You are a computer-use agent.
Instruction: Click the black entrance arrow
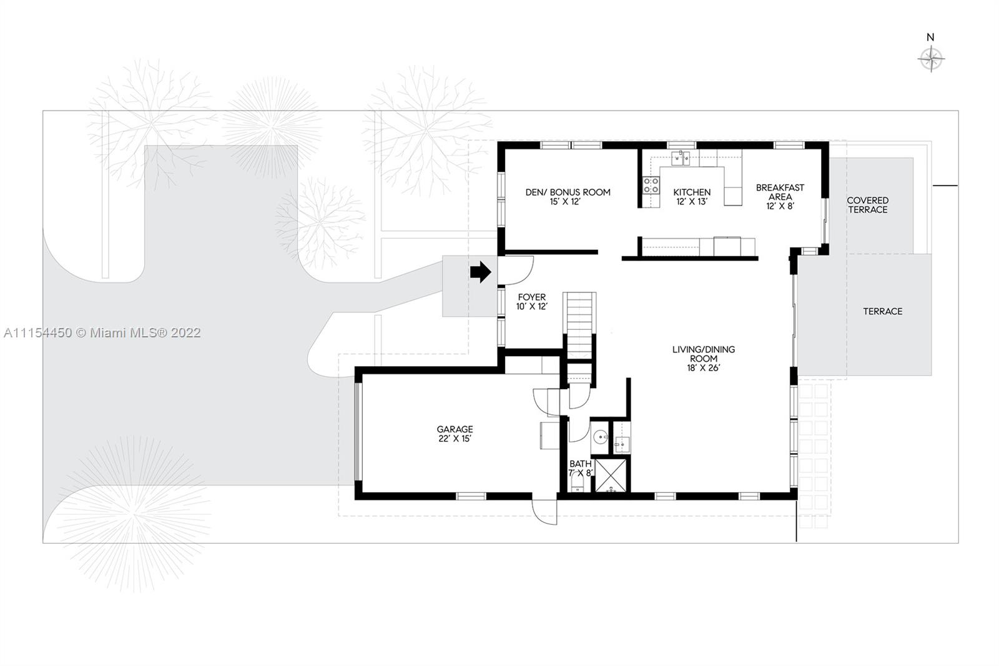(x=480, y=272)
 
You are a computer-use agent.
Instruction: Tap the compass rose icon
(x=931, y=59)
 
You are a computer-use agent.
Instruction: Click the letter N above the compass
(x=930, y=37)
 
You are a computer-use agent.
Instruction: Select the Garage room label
(x=455, y=434)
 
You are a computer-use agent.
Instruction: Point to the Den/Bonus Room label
(x=568, y=197)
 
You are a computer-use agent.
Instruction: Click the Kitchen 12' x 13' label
(x=692, y=197)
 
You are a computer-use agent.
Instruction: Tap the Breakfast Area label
(x=780, y=197)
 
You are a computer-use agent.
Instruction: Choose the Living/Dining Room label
(x=704, y=359)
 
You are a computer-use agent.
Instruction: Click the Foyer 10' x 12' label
(x=531, y=302)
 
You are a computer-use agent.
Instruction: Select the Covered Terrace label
(x=868, y=205)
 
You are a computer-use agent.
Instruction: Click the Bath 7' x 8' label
(x=580, y=468)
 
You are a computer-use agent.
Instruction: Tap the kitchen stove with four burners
(x=651, y=185)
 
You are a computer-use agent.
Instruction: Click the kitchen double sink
(x=681, y=159)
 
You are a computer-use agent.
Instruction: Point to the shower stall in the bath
(x=611, y=475)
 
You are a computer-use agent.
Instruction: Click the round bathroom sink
(x=601, y=436)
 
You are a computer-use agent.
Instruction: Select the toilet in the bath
(x=578, y=482)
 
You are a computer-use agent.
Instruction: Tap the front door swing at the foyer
(x=515, y=270)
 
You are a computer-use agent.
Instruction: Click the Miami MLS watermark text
(x=102, y=332)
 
